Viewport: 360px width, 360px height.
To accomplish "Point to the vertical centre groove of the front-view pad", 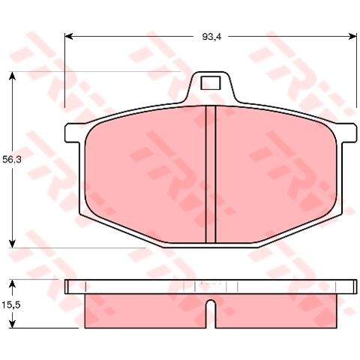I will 211,174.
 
